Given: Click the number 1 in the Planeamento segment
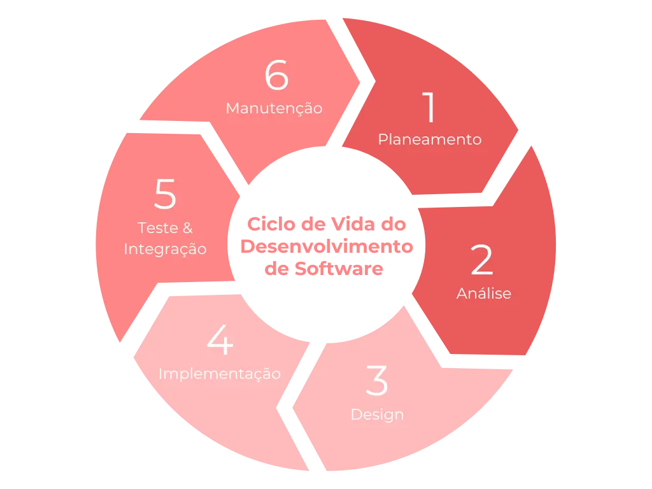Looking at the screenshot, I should [x=430, y=108].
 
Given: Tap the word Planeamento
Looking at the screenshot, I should [x=430, y=139].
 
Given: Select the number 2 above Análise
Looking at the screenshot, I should [x=482, y=260].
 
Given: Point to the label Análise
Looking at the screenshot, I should [x=483, y=293].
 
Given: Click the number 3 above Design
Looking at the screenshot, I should [x=377, y=381].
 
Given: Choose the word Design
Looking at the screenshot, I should [x=377, y=415].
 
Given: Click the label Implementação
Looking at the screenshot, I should [x=220, y=374].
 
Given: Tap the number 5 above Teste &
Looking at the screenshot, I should [x=165, y=195].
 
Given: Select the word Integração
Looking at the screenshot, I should [x=165, y=248].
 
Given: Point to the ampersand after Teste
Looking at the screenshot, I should [x=187, y=227].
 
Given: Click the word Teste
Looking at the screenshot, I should [x=156, y=227].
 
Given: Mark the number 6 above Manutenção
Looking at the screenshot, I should [x=276, y=76].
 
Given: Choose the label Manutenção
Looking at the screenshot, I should [x=274, y=108].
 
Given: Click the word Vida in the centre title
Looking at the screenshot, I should [x=346, y=224].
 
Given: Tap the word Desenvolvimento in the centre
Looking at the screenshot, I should [x=326, y=246].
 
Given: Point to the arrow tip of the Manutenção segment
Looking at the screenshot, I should [x=359, y=80].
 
